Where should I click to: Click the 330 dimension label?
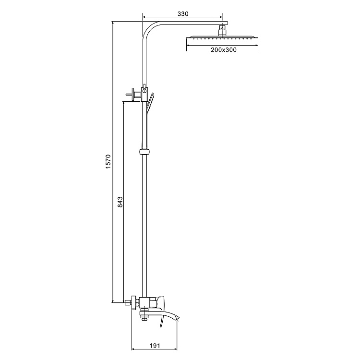(x=182, y=14)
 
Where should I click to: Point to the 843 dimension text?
(x=120, y=203)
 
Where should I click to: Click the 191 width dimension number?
(x=154, y=346)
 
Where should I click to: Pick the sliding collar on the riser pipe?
(x=144, y=152)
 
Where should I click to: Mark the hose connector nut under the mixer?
(x=144, y=315)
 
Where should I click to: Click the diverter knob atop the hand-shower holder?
(x=144, y=87)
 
